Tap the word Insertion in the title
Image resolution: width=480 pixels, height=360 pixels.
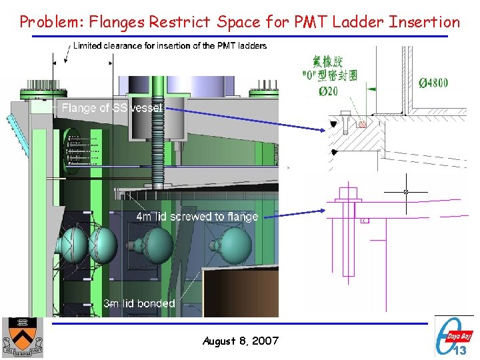(425, 22)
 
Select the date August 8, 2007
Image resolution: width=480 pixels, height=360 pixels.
(240, 341)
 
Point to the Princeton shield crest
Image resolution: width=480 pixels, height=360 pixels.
(23, 337)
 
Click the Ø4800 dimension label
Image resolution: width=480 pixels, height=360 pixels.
(433, 83)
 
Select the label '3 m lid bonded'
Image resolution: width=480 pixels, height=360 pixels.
(139, 303)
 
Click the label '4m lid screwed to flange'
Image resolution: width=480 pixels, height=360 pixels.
(197, 216)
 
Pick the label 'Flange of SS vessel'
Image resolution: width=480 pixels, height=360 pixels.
(111, 107)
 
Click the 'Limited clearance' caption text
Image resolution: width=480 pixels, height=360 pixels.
(169, 46)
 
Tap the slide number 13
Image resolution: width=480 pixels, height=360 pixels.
(460, 349)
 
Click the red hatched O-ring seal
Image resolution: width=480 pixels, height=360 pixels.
(362, 125)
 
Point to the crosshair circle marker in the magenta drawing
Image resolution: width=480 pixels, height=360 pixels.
(405, 192)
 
